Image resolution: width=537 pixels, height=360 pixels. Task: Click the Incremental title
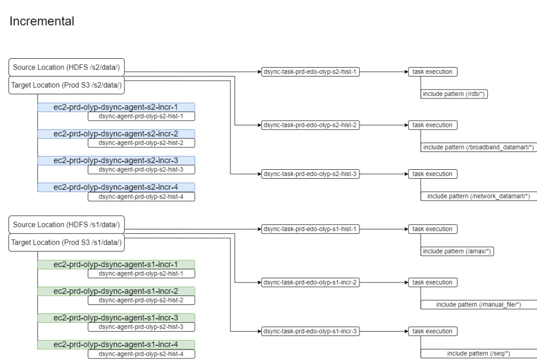click(x=42, y=21)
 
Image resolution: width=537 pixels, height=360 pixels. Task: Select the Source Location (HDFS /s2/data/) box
click(x=66, y=67)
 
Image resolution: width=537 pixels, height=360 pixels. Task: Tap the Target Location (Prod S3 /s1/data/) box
click(x=66, y=242)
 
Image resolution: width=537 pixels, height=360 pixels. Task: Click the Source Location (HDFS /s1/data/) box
click(x=66, y=225)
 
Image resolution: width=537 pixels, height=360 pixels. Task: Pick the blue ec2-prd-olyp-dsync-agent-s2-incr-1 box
click(x=115, y=107)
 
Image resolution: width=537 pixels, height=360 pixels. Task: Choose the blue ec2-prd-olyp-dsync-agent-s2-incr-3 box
click(x=115, y=160)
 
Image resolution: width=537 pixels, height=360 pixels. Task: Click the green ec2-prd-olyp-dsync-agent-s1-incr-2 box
click(x=115, y=291)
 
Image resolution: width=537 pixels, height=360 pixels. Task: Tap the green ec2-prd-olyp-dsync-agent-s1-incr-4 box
click(x=115, y=344)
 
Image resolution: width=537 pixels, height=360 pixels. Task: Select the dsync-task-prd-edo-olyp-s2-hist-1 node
click(x=310, y=72)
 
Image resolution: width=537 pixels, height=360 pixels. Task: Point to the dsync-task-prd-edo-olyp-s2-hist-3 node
click(x=310, y=174)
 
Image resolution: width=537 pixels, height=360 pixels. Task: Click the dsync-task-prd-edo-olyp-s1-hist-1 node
click(x=310, y=229)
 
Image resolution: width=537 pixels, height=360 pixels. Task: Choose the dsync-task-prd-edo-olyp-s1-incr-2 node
click(x=310, y=282)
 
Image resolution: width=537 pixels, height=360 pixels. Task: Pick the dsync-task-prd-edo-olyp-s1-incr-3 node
click(x=310, y=331)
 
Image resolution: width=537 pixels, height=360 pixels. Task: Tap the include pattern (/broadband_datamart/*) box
click(x=478, y=147)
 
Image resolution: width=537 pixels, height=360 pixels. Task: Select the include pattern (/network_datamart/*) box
click(x=478, y=196)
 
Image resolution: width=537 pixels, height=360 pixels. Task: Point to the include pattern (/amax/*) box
click(x=458, y=252)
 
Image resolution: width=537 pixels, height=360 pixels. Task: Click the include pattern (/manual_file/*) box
click(x=478, y=304)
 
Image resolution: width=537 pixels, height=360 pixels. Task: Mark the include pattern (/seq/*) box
click(x=478, y=353)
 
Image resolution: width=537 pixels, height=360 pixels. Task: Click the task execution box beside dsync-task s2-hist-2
click(x=432, y=125)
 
